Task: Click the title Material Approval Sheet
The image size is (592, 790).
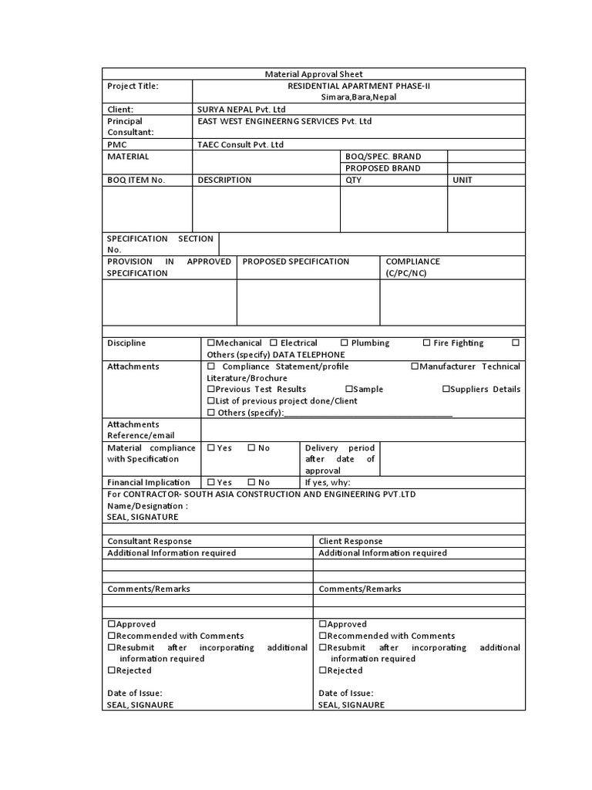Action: tap(313, 74)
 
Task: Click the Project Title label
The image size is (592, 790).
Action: tap(133, 86)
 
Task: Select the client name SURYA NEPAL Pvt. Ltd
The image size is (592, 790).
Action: tap(241, 110)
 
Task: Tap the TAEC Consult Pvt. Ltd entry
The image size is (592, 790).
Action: tap(240, 144)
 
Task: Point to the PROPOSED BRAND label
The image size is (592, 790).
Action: tap(383, 168)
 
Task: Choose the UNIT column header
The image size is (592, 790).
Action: tap(463, 180)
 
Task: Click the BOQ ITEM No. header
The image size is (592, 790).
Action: tap(136, 180)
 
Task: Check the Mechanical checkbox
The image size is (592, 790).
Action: tap(211, 343)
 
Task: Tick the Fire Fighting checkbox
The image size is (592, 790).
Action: tap(427, 343)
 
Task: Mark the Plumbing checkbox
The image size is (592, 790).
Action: tap(344, 343)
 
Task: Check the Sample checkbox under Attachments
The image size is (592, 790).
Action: tap(349, 390)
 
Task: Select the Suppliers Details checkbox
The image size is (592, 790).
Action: tap(446, 390)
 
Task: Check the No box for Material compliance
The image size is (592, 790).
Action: tap(251, 448)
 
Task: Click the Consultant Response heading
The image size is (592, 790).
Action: tap(150, 542)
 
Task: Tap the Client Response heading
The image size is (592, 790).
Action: tap(350, 542)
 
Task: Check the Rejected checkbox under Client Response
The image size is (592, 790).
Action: tap(323, 671)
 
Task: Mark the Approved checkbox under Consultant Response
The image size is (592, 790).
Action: tap(112, 624)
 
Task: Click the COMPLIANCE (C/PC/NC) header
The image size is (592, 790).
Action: tap(413, 268)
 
